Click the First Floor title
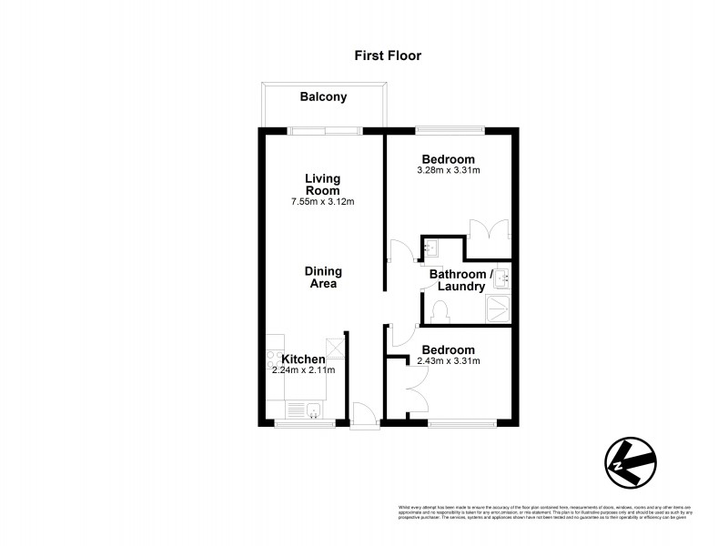click(x=388, y=56)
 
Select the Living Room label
click(x=322, y=185)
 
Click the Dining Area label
click(x=322, y=278)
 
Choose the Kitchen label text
click(x=303, y=359)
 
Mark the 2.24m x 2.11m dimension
click(x=303, y=370)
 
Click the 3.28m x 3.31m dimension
click(x=448, y=170)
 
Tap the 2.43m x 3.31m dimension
click(x=448, y=361)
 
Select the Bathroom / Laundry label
click(x=460, y=280)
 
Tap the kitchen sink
click(x=311, y=410)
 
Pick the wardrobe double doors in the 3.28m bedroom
click(x=489, y=229)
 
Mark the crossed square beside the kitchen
click(x=335, y=348)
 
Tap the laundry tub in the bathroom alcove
click(x=430, y=247)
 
